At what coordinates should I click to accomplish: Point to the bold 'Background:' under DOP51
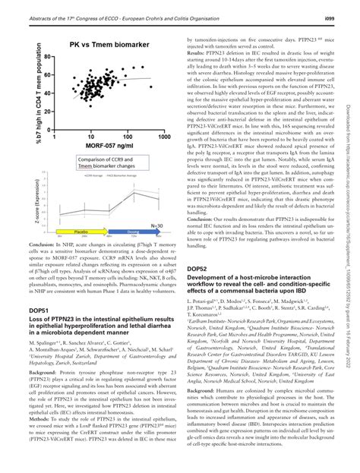(48, 374)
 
